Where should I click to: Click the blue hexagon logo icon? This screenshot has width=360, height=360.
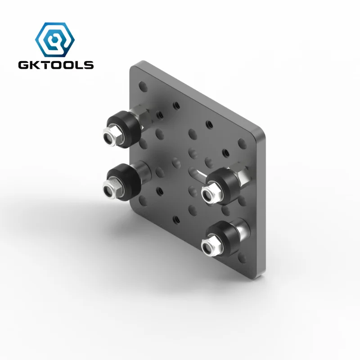(x=56, y=39)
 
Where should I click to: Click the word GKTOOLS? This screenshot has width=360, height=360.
(x=56, y=65)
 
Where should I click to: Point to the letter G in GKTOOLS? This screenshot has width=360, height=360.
(x=23, y=65)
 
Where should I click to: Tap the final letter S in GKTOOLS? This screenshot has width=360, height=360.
(x=89, y=65)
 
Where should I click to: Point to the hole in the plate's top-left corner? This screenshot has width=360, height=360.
(x=143, y=84)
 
